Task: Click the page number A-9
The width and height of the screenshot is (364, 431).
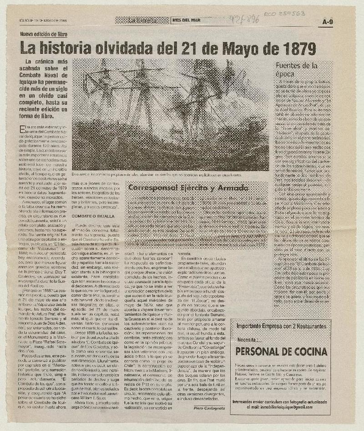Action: pos(328,21)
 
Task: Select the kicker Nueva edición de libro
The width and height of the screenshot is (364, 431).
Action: pos(45,34)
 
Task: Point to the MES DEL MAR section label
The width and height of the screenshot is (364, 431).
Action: pos(186,20)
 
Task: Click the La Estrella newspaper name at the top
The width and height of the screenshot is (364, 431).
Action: pos(142,20)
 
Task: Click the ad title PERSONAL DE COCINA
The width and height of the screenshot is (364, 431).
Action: pos(282,351)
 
